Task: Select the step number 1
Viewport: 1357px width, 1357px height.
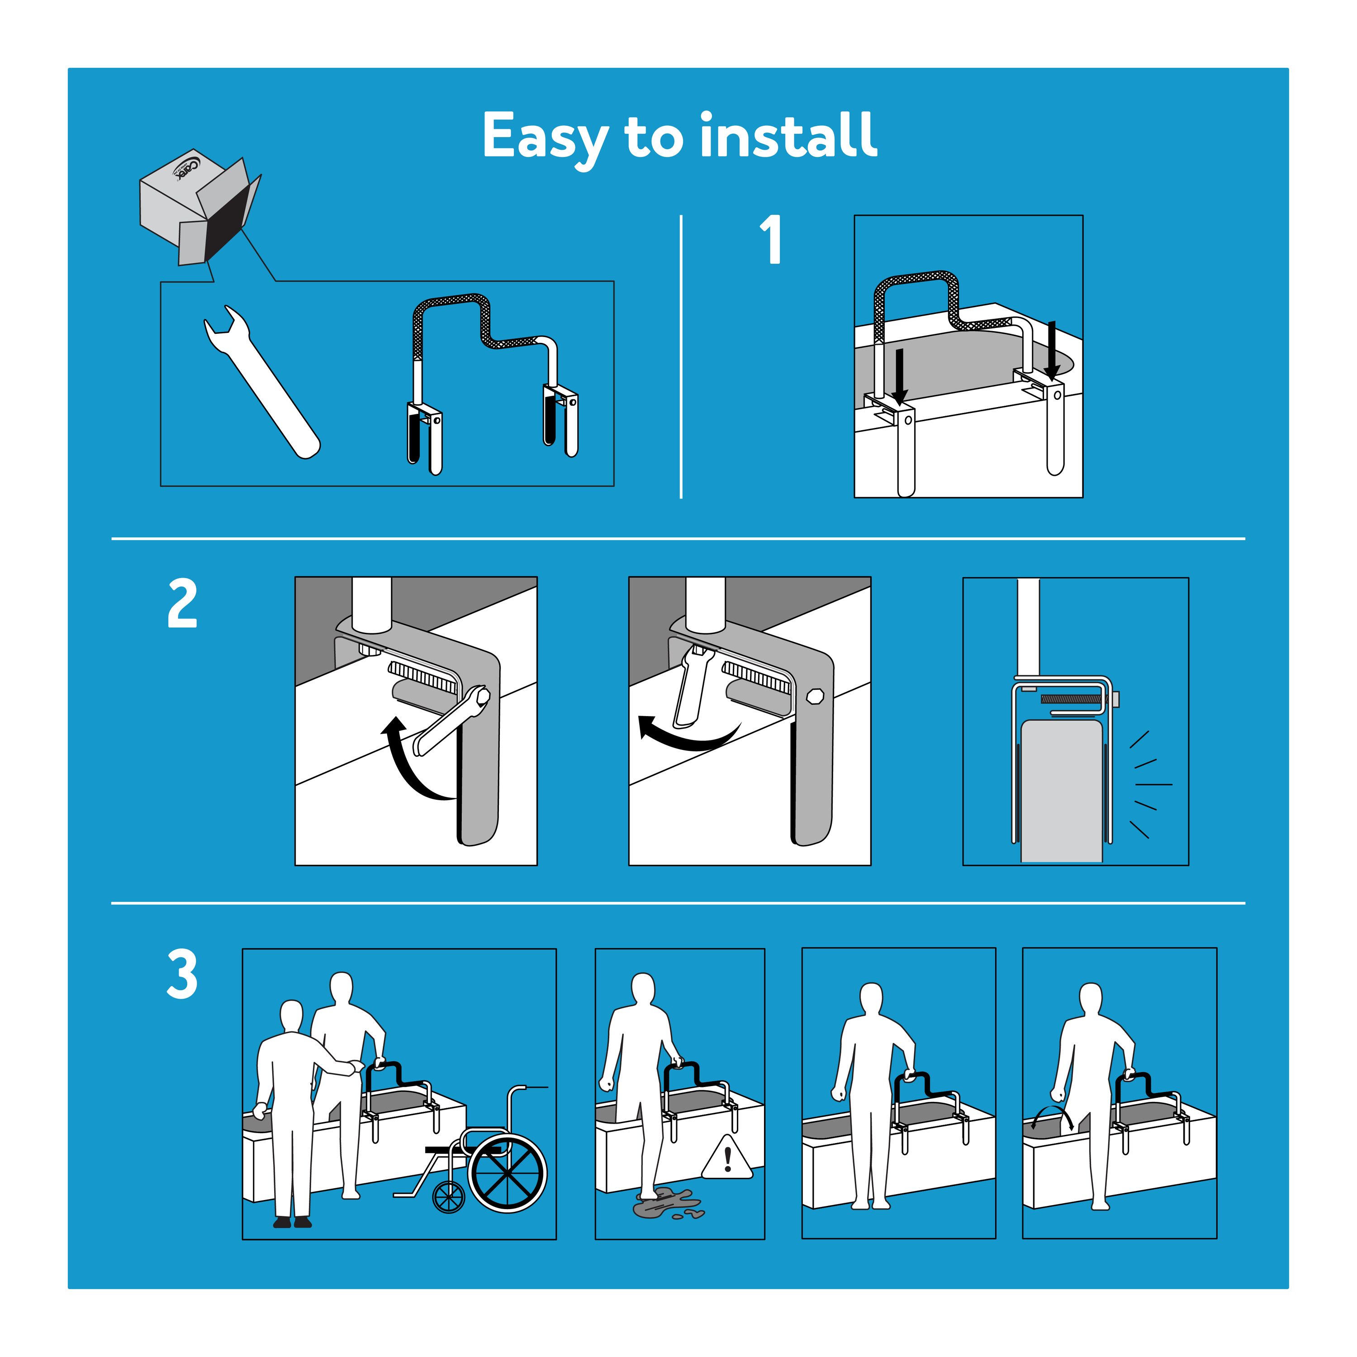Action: coord(771,240)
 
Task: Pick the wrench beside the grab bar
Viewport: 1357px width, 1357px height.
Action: coord(261,381)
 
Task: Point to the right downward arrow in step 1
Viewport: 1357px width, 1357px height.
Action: coord(1052,350)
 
